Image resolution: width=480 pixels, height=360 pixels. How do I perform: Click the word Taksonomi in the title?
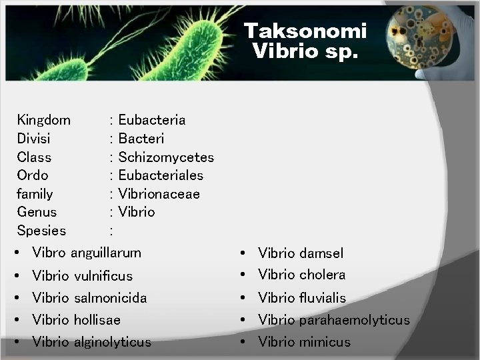click(305, 31)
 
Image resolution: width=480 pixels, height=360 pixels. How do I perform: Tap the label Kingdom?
click(43, 120)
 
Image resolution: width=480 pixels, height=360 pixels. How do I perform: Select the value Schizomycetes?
click(166, 157)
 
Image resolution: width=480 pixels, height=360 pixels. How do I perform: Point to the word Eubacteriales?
click(161, 175)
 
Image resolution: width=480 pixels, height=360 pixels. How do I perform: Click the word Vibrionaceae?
click(159, 194)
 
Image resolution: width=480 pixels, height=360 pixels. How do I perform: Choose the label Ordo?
click(33, 175)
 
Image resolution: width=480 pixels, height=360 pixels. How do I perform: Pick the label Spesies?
click(41, 231)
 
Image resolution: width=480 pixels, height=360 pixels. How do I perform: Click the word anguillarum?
click(106, 253)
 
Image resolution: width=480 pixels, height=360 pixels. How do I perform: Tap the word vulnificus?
click(103, 275)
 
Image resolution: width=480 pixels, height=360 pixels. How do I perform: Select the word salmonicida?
click(110, 297)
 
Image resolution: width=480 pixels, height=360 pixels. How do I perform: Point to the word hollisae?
click(97, 320)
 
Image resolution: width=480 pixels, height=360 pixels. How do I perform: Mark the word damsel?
click(321, 253)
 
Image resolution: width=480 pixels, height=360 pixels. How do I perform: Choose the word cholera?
click(322, 275)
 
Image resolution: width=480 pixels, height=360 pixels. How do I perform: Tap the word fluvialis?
click(323, 297)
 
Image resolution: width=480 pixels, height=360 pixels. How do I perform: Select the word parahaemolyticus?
click(354, 320)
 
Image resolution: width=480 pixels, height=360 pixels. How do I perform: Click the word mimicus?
click(325, 342)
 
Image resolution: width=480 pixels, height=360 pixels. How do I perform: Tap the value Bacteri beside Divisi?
click(141, 139)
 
